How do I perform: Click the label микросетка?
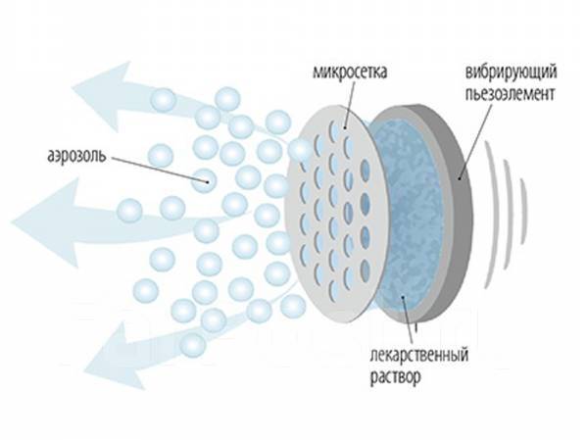click(350, 72)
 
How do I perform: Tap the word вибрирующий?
click(511, 72)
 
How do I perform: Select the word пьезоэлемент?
click(510, 94)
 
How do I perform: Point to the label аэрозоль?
click(76, 156)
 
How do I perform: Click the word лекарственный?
click(419, 354)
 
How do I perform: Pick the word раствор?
click(396, 376)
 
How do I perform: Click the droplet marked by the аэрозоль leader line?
click(204, 180)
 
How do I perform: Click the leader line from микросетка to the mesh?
click(349, 104)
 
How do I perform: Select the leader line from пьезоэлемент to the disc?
click(472, 140)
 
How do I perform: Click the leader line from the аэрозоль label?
click(160, 170)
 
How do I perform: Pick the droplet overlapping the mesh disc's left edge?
click(300, 151)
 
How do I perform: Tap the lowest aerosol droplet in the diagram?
click(192, 345)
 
